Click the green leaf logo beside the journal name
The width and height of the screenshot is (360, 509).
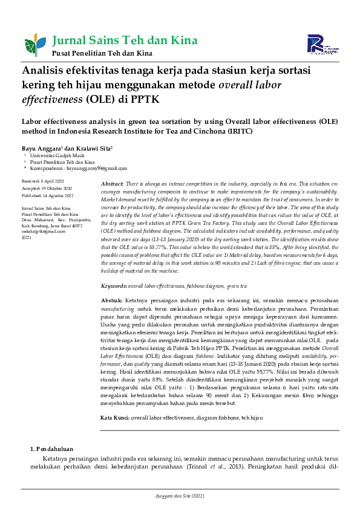point(31,45)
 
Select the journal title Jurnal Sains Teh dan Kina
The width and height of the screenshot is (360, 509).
point(125,41)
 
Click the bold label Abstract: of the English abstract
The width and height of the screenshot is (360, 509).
point(112,183)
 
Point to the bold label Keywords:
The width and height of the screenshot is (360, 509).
point(113,284)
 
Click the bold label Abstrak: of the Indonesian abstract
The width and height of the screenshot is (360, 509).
point(111,300)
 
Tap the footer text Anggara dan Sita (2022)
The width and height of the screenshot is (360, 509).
point(180,496)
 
